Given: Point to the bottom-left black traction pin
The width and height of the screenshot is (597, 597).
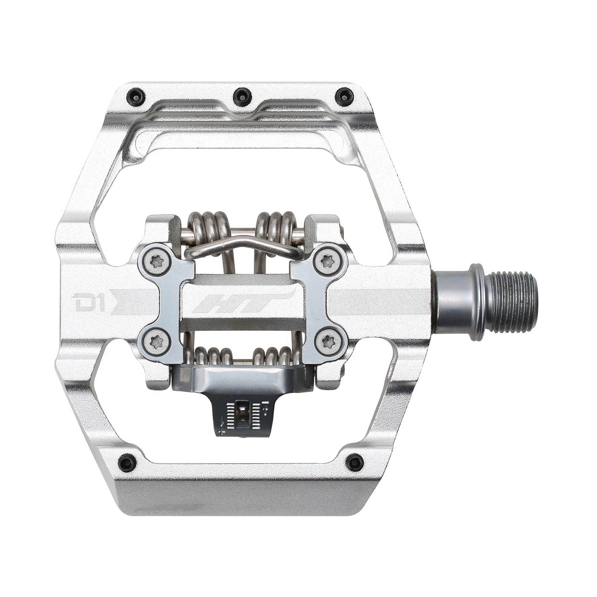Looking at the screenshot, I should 126,462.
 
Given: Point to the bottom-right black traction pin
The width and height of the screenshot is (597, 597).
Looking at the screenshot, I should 354,462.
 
